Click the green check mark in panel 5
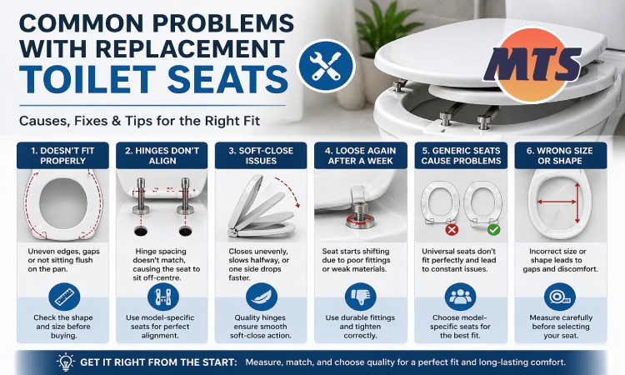492,228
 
